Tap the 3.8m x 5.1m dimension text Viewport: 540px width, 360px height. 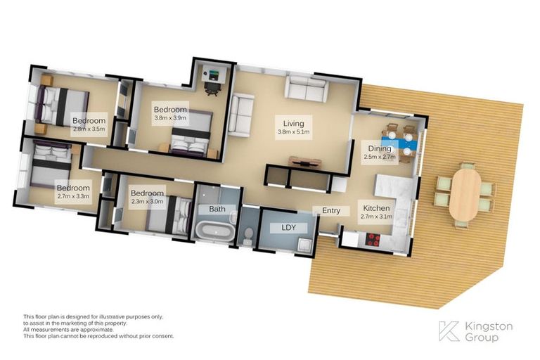click(x=293, y=131)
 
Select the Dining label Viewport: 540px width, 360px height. click(x=379, y=148)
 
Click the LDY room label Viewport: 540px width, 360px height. click(x=288, y=227)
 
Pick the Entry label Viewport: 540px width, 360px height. click(x=331, y=210)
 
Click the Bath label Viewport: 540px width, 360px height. click(x=217, y=210)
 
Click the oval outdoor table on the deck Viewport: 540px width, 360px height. click(x=465, y=195)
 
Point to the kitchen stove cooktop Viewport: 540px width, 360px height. click(x=372, y=238)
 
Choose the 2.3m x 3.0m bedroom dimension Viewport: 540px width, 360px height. click(x=147, y=202)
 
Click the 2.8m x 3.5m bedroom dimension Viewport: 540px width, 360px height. click(x=89, y=129)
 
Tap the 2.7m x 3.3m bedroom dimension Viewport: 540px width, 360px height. click(x=73, y=197)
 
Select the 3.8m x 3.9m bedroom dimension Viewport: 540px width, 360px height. click(x=170, y=118)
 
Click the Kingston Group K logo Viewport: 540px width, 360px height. click(x=449, y=331)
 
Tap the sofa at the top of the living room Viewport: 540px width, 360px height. click(x=306, y=89)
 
